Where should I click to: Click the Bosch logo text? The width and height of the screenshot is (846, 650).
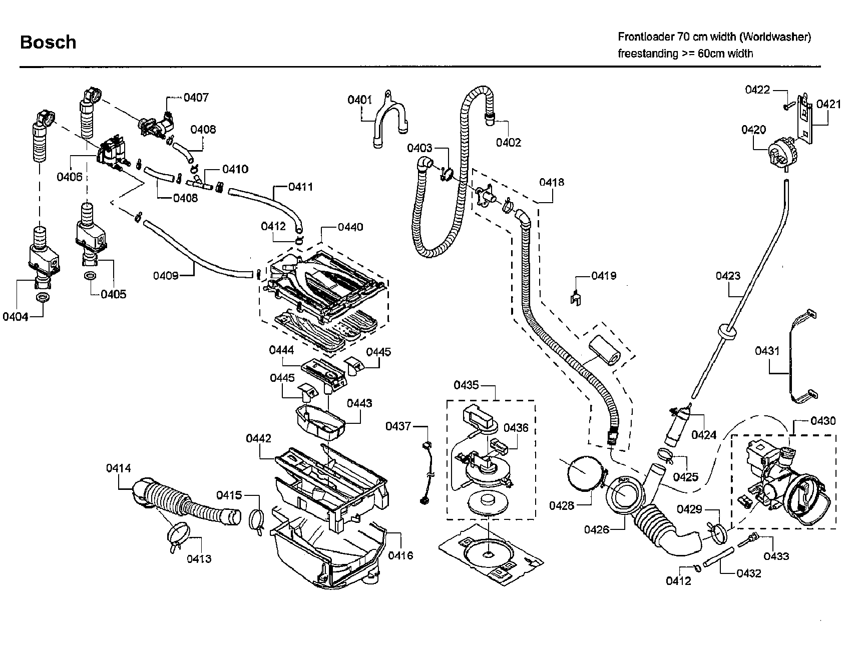48,43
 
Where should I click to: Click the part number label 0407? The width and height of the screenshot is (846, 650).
196,98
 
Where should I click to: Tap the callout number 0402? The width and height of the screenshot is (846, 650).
509,143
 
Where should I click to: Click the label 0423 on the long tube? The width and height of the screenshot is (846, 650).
727,276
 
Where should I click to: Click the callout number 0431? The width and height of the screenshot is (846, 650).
767,351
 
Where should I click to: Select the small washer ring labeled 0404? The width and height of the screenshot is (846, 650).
42,298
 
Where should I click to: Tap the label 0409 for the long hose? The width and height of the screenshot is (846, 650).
166,276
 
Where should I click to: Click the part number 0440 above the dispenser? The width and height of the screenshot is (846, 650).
350,227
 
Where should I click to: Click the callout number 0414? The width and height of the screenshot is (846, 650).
118,468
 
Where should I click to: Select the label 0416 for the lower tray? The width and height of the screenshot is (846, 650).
400,555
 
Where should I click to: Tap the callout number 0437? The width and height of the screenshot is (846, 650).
398,426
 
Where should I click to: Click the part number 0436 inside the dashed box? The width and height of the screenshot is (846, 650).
516,428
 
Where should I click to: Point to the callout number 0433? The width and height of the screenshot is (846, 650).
776,556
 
